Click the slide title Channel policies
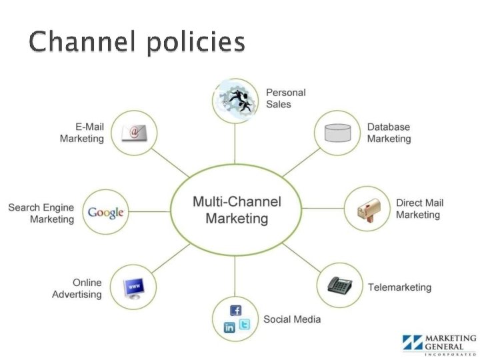[x=137, y=43]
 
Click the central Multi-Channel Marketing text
[x=237, y=209]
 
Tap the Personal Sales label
[x=286, y=98]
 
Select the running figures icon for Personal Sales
[x=235, y=100]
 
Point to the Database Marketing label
[x=389, y=133]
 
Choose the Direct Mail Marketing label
[x=419, y=209]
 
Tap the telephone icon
[x=339, y=285]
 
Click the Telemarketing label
[x=399, y=287]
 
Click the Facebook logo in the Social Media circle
[x=235, y=310]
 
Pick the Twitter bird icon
[x=244, y=325]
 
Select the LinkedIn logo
[x=229, y=327]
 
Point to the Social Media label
[x=292, y=319]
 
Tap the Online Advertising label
[x=77, y=288]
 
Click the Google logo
[x=106, y=213]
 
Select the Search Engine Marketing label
[x=41, y=213]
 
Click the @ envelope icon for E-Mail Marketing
[x=134, y=132]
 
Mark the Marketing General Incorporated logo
[x=439, y=343]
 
